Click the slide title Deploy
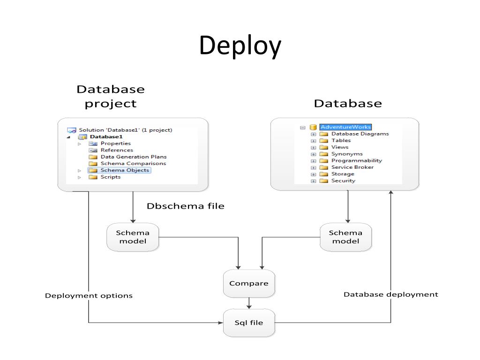(x=240, y=46)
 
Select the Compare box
(x=249, y=284)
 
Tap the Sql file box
(x=249, y=322)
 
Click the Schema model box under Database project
(x=133, y=237)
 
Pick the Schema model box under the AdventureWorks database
(x=345, y=237)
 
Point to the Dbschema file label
(x=186, y=206)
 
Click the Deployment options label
(x=89, y=296)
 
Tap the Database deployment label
(x=391, y=294)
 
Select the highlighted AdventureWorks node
(x=345, y=127)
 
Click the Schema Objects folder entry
(x=125, y=170)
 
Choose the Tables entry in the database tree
(x=341, y=141)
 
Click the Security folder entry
(x=343, y=180)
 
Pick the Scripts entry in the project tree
(x=111, y=177)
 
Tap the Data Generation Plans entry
(x=134, y=157)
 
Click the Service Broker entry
(x=352, y=167)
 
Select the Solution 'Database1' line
(x=126, y=130)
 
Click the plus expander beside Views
(x=313, y=148)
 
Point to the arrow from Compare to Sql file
(x=249, y=303)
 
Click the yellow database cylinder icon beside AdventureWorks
(x=313, y=127)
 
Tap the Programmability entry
(x=357, y=161)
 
